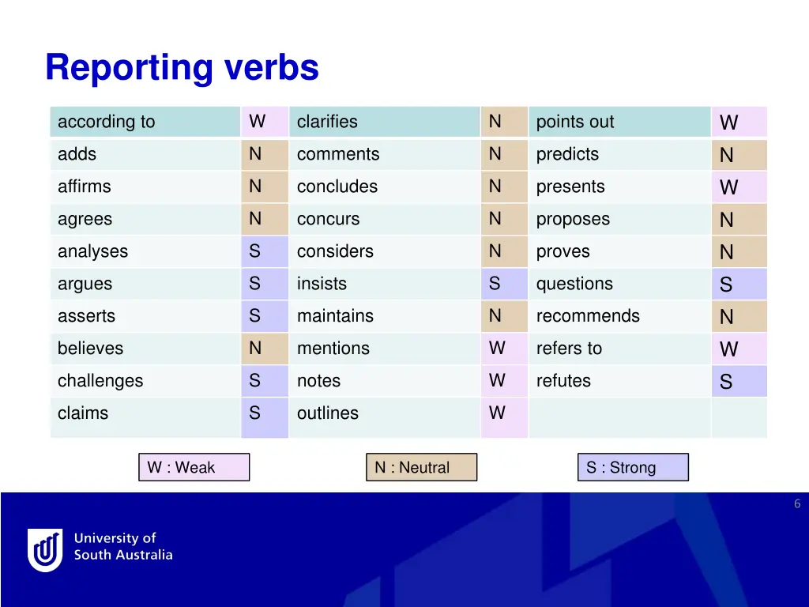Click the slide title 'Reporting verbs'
pyautogui.click(x=182, y=67)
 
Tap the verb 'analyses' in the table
pyautogui.click(x=92, y=251)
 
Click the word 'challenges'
pyautogui.click(x=100, y=381)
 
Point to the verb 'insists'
pyautogui.click(x=322, y=284)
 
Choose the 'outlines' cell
pyautogui.click(x=327, y=413)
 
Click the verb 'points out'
pyautogui.click(x=575, y=122)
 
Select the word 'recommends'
pyautogui.click(x=588, y=316)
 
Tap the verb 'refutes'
pyautogui.click(x=563, y=381)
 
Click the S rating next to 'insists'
pyautogui.click(x=495, y=283)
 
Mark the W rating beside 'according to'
pyautogui.click(x=257, y=121)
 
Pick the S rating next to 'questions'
pyautogui.click(x=726, y=285)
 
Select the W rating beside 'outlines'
pyautogui.click(x=496, y=413)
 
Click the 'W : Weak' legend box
pyautogui.click(x=194, y=467)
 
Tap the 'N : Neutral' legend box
pyautogui.click(x=421, y=467)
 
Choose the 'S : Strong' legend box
pyautogui.click(x=632, y=467)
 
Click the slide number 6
pyautogui.click(x=797, y=503)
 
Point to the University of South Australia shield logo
pyautogui.click(x=45, y=549)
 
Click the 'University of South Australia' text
pyautogui.click(x=123, y=546)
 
